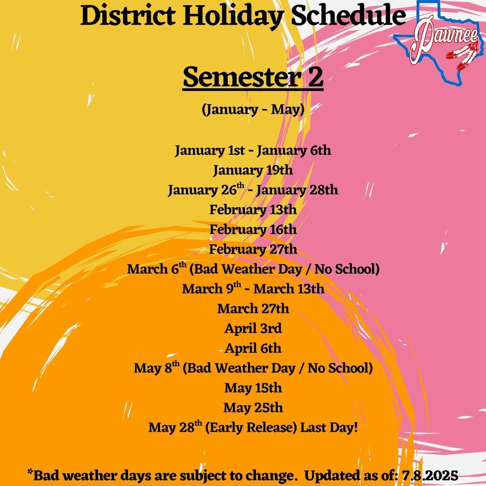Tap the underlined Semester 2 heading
(x=253, y=78)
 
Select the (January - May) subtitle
(x=253, y=110)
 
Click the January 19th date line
(x=253, y=170)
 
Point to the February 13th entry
(x=253, y=209)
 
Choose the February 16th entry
(x=253, y=229)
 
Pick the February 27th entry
(x=253, y=249)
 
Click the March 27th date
(x=253, y=308)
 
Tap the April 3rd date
(x=253, y=328)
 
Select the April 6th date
(x=253, y=348)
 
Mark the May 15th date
(x=253, y=388)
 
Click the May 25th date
(x=253, y=408)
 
